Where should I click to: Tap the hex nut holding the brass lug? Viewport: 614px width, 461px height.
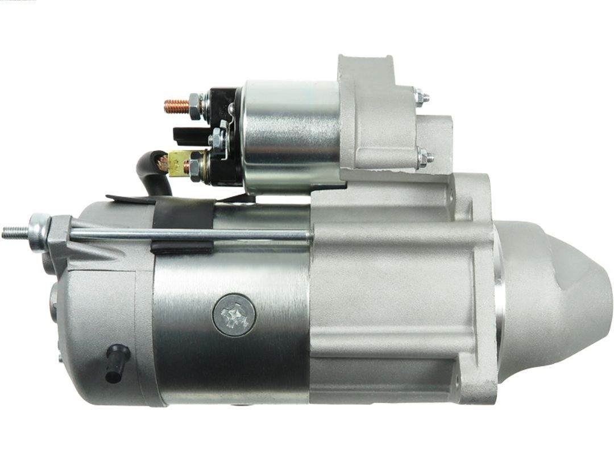[195, 166]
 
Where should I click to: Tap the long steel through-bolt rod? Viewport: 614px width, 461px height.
[188, 234]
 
